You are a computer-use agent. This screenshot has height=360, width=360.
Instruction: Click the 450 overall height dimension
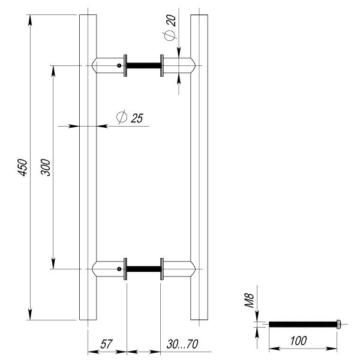point(23,167)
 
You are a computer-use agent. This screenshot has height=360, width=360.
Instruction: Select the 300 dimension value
point(46,167)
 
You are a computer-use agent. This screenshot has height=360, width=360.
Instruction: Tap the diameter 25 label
point(130,117)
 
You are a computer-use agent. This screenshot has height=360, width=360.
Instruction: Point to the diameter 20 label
point(170,28)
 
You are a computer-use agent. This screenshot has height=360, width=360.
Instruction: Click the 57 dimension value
point(106,344)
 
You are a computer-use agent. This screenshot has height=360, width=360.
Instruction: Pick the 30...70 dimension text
point(182,344)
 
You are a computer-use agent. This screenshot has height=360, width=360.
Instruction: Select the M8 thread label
point(249,300)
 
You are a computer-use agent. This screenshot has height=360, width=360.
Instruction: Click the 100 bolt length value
point(298,341)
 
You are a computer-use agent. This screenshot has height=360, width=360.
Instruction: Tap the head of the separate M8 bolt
point(338,324)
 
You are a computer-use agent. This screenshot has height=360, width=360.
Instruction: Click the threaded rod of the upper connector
point(144,65)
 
